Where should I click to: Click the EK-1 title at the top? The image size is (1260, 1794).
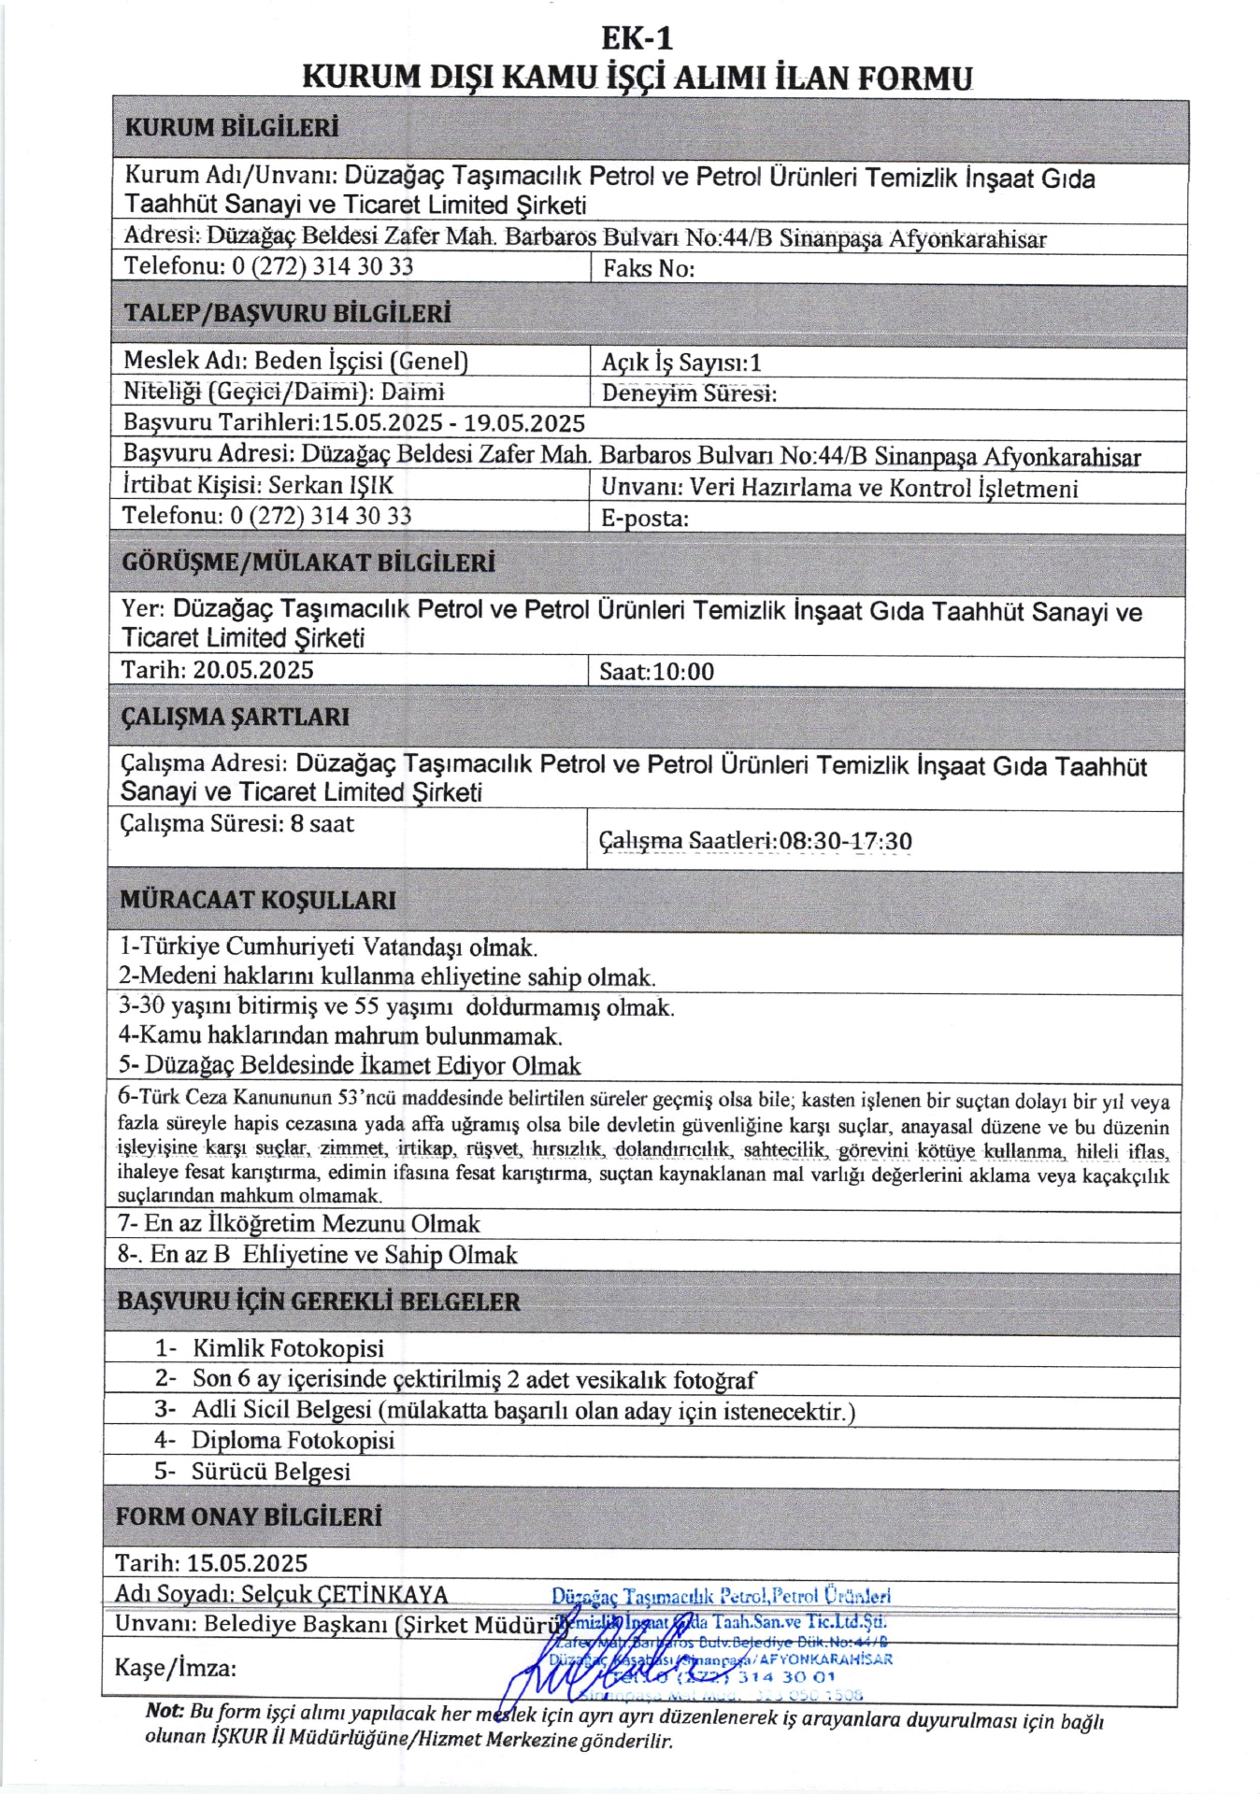pos(637,38)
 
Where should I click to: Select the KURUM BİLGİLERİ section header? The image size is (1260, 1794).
pos(232,128)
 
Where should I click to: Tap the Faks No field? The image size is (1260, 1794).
pos(649,269)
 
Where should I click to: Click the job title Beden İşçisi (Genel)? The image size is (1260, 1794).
pos(360,361)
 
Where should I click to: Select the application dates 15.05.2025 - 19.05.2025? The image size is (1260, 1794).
pos(453,423)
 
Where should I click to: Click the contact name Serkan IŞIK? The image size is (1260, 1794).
pos(331,486)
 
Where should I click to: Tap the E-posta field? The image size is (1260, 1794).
pos(645,519)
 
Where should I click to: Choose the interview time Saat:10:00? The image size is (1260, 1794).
pos(656,672)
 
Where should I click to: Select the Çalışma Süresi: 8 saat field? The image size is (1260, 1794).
pos(237,824)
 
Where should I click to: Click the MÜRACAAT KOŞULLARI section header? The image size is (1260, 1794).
pos(257,901)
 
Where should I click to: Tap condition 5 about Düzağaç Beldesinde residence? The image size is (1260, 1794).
pos(350,1066)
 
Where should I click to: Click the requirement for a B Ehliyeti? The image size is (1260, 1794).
pos(318,1255)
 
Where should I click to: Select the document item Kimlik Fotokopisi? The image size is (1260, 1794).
pos(288,1348)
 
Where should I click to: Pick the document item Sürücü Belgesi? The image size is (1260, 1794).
pos(271,1472)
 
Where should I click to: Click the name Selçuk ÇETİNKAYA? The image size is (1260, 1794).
pos(345,1594)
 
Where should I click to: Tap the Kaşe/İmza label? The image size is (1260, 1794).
pos(175,1668)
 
